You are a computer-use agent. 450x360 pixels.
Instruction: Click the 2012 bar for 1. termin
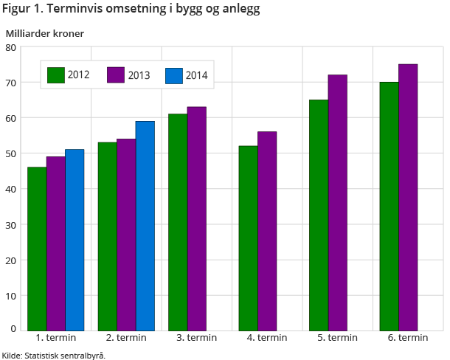coord(37,249)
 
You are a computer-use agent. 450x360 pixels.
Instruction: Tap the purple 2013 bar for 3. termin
coord(196,218)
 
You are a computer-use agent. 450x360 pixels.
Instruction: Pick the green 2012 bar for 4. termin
coord(248,238)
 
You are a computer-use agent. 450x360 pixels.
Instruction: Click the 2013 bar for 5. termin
coord(337,202)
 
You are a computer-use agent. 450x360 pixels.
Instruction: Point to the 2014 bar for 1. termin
coord(75,240)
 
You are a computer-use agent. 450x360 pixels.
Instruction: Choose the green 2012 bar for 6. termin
coord(389,206)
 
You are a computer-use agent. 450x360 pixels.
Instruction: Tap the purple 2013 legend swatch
coord(116,75)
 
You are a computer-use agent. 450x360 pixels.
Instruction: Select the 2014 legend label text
coord(196,75)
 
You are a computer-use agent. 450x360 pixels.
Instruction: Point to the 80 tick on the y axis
coord(11,47)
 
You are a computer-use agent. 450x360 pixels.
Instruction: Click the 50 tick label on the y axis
coord(11,153)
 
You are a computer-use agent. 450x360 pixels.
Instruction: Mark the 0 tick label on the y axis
coord(13,328)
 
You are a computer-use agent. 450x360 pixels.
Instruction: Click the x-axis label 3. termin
coord(196,338)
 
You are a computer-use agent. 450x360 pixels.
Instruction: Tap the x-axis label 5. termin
coord(337,338)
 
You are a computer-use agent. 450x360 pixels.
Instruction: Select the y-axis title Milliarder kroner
coord(45,33)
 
